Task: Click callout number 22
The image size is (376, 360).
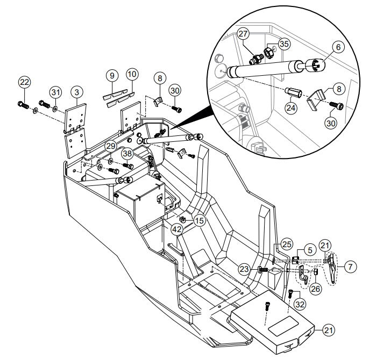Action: click(x=24, y=82)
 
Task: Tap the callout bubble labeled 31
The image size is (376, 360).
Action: click(x=55, y=92)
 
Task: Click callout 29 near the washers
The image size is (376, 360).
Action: click(x=110, y=146)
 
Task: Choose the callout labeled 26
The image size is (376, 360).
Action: click(x=315, y=288)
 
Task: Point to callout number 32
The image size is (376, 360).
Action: click(x=299, y=304)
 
